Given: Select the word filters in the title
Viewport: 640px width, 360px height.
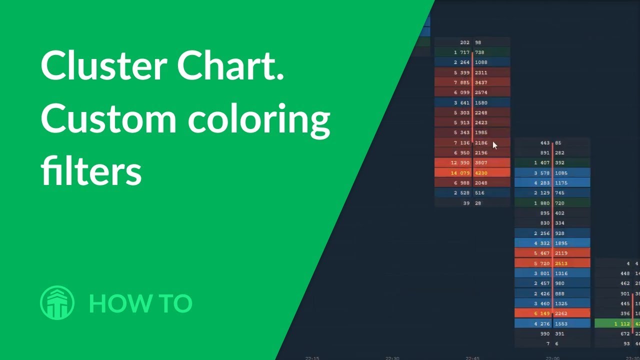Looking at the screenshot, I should point(91,170).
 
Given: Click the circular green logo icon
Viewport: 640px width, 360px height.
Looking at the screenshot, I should point(57,302).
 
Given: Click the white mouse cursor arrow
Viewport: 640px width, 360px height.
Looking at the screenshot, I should point(494,145).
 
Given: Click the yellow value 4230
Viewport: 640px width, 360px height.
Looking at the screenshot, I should point(481,173).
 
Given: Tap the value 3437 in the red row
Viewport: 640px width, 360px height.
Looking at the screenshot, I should point(481,82).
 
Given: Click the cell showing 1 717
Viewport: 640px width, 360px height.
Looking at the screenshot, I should point(461,52).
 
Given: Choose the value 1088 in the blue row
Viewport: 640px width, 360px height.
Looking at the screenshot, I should point(481,62).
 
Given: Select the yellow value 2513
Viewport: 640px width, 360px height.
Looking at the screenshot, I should point(561,263).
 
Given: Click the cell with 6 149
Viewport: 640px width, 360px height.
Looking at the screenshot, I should point(541,313).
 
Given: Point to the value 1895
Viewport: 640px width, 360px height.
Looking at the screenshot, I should point(561,243).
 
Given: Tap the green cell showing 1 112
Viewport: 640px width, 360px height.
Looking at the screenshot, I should point(621,324).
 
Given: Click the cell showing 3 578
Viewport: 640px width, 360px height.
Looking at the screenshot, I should point(541,173).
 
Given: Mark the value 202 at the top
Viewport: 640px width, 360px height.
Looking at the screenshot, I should point(464,42).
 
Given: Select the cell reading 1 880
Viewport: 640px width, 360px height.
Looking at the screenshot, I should point(541,203).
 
